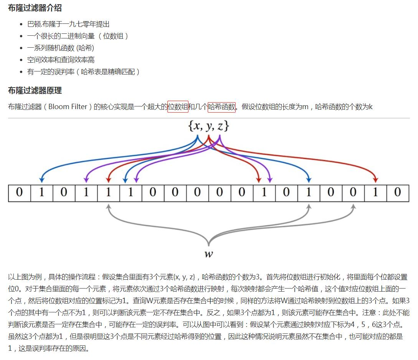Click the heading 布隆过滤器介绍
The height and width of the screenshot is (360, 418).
[35, 8]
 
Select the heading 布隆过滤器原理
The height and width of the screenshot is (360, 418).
[35, 91]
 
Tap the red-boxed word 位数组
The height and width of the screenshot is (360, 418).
[178, 106]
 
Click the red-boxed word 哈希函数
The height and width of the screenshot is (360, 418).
[221, 106]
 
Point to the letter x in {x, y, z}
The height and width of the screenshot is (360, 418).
[197, 126]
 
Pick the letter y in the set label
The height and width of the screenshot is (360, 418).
[209, 126]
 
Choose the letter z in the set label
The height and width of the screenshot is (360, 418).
[220, 126]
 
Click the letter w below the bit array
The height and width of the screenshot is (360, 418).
[208, 254]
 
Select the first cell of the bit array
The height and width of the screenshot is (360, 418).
[19, 193]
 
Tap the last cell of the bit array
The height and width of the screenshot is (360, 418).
[397, 193]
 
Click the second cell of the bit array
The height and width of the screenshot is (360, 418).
[41, 193]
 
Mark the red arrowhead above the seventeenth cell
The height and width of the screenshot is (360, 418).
[375, 179]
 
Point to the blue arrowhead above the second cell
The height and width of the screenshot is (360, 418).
[41, 179]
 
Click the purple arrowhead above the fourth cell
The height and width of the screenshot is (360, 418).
[86, 179]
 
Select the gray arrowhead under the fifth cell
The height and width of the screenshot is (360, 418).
[109, 207]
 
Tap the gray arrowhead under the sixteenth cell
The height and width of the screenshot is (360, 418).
[353, 207]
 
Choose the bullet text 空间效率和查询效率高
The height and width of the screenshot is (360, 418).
[61, 60]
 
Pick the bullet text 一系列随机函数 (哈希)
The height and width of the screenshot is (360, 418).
[61, 48]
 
